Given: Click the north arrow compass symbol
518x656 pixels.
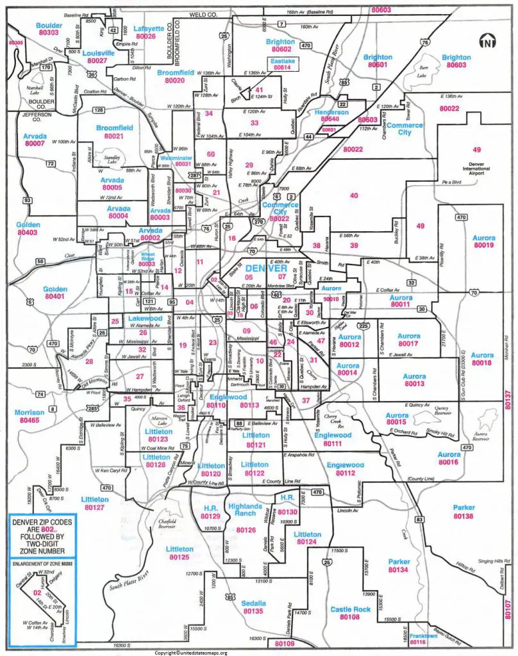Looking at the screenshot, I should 488,42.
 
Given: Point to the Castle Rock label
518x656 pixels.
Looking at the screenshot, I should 350,609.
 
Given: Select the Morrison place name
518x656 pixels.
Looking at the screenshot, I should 30,412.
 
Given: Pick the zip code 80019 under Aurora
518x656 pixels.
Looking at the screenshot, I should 483,245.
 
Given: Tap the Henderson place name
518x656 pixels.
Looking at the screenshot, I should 331,112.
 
